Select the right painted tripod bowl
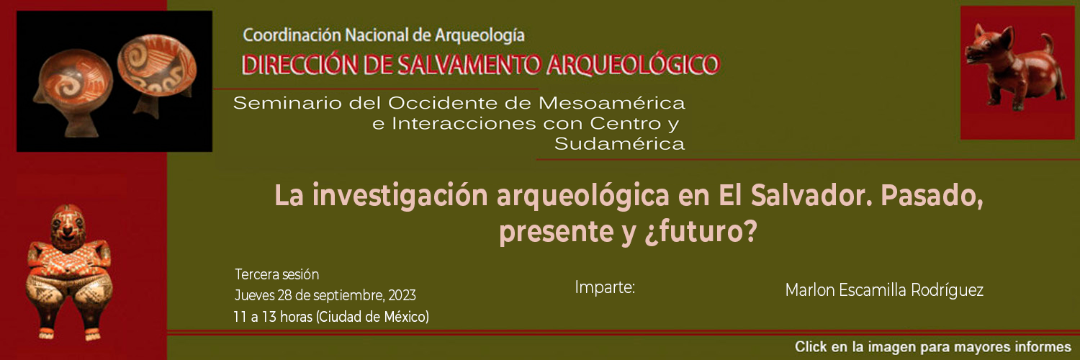tap(157, 72)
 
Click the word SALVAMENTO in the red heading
tap(468, 65)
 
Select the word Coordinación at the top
tap(292, 35)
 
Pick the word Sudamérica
tap(619, 143)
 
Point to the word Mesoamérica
tap(611, 103)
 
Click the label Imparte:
tap(605, 287)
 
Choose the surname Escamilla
tap(873, 290)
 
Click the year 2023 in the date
tap(402, 295)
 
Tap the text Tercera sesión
tap(276, 274)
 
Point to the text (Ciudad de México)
tap(372, 317)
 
